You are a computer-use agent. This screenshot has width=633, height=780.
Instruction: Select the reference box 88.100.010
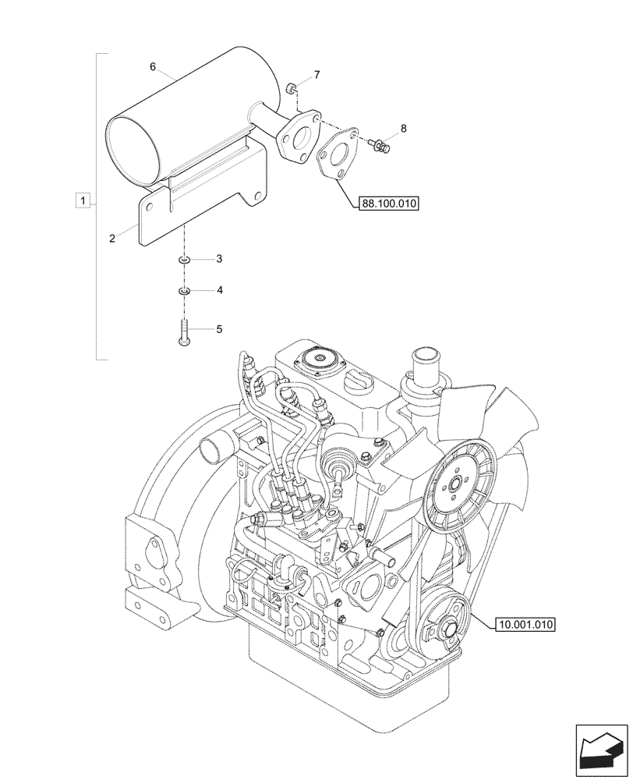pyautogui.click(x=389, y=204)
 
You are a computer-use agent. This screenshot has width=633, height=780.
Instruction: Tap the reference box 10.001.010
pyautogui.click(x=525, y=624)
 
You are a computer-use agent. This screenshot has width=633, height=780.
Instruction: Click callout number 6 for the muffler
pyautogui.click(x=154, y=67)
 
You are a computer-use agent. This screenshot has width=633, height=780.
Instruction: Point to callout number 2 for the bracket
pyautogui.click(x=112, y=239)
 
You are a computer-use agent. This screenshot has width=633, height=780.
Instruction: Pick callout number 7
pyautogui.click(x=316, y=75)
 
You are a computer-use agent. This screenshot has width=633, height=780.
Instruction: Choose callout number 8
pyautogui.click(x=403, y=127)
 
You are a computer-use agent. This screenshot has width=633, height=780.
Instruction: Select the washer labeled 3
pyautogui.click(x=183, y=259)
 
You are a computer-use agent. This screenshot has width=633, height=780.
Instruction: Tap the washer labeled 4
pyautogui.click(x=183, y=291)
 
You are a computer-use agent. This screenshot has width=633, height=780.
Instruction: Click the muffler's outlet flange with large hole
pyautogui.click(x=296, y=139)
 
